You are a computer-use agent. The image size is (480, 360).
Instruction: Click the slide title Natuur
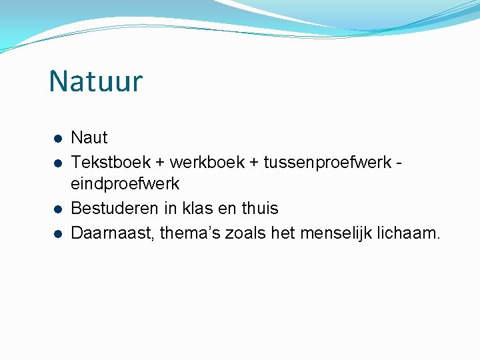click(95, 81)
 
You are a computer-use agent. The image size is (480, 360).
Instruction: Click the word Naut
click(89, 138)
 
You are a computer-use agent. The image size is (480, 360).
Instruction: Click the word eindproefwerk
click(125, 183)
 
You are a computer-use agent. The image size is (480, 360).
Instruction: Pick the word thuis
click(259, 209)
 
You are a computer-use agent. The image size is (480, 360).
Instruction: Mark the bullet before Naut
click(58, 139)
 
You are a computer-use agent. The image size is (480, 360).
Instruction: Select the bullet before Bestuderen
click(58, 209)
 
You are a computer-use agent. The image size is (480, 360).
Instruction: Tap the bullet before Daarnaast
click(58, 233)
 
